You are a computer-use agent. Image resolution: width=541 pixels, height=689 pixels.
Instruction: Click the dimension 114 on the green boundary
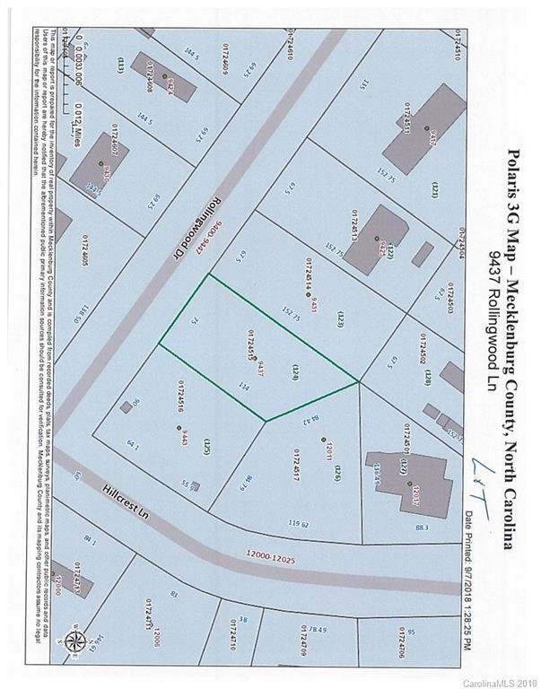(243, 387)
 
